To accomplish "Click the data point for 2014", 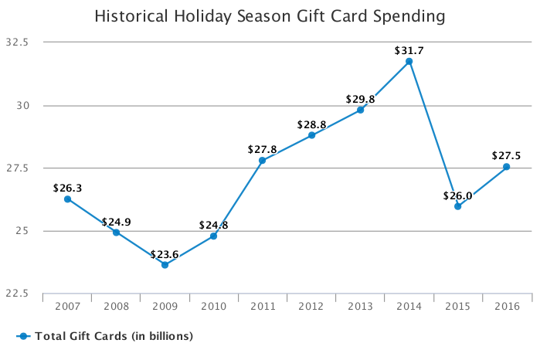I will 409,61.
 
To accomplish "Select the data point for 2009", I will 165,265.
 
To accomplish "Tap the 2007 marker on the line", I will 67,199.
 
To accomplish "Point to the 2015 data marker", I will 458,206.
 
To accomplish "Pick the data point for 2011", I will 263,161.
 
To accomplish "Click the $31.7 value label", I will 409,51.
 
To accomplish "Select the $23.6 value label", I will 165,255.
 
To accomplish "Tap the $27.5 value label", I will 507,156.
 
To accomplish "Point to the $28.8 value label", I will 311,124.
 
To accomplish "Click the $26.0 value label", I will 458,195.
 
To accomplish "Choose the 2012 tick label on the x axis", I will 311,307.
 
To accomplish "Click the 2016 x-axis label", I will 507,307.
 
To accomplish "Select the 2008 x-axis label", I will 116,307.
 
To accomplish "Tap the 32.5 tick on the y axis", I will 17,42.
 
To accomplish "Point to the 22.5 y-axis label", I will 17,294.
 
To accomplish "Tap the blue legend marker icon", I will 23,336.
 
